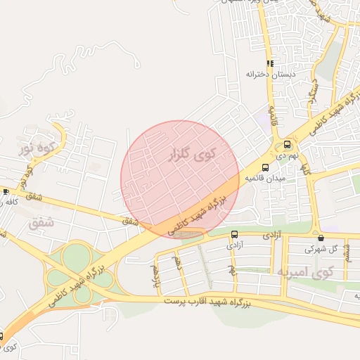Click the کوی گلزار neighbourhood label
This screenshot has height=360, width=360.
point(189,154)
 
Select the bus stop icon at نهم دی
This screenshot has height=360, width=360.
point(287,143)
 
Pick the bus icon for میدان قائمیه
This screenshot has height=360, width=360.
point(265,167)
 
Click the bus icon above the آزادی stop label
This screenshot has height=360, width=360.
point(234,235)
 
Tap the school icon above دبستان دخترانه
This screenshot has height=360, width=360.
point(269,63)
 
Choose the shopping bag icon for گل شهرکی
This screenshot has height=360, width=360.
point(321,238)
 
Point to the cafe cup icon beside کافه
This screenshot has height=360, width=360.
point(6,191)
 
